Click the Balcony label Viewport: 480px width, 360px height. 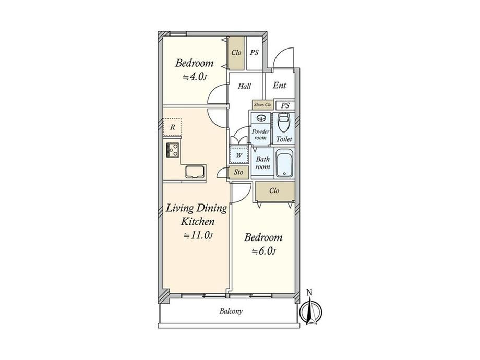click(x=231, y=311)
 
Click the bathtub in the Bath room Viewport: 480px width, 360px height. click(x=285, y=163)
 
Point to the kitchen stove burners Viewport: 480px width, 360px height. click(x=173, y=150)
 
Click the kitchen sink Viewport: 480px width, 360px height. click(x=195, y=172)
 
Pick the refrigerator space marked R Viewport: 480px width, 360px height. click(x=172, y=127)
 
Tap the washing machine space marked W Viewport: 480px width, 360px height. click(x=239, y=155)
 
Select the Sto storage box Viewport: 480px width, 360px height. click(x=238, y=172)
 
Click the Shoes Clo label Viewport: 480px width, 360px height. click(x=262, y=105)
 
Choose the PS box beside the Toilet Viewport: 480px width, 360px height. click(x=285, y=105)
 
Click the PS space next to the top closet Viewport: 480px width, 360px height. click(x=255, y=53)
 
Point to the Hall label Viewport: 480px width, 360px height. click(x=244, y=86)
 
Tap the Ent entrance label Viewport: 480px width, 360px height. click(x=279, y=86)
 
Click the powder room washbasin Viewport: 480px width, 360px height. click(x=261, y=118)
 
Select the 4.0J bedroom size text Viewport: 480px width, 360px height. click(x=195, y=77)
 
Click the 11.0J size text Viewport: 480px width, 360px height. click(x=198, y=235)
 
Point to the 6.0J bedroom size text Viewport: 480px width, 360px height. click(x=263, y=251)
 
